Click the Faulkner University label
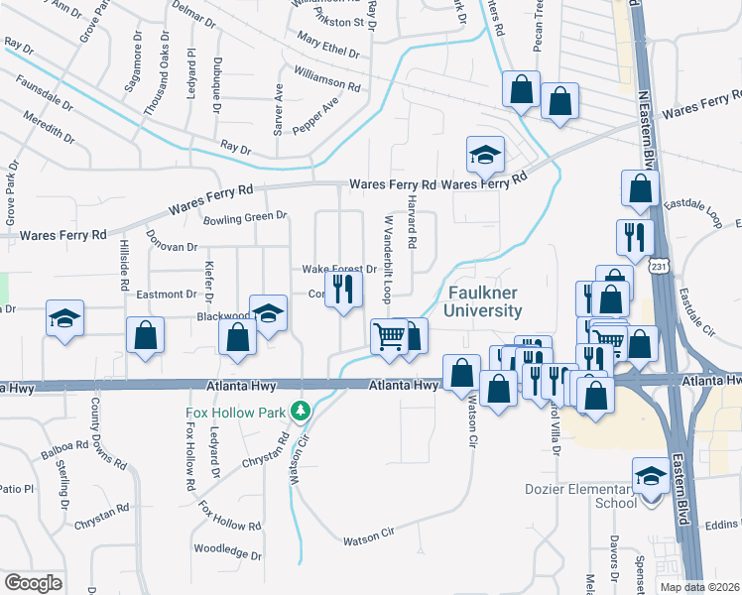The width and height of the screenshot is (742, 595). pyautogui.click(x=484, y=302)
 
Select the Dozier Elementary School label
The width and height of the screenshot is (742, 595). pyautogui.click(x=580, y=496)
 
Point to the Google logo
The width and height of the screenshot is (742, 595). pyautogui.click(x=32, y=582)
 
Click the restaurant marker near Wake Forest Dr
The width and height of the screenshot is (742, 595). pyautogui.click(x=344, y=290)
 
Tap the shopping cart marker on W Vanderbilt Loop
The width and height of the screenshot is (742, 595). pyautogui.click(x=389, y=336)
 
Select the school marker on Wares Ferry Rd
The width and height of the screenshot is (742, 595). pyautogui.click(x=486, y=155)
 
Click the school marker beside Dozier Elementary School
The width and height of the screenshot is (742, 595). pyautogui.click(x=651, y=477)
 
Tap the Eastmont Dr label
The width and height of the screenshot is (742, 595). pyautogui.click(x=167, y=295)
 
